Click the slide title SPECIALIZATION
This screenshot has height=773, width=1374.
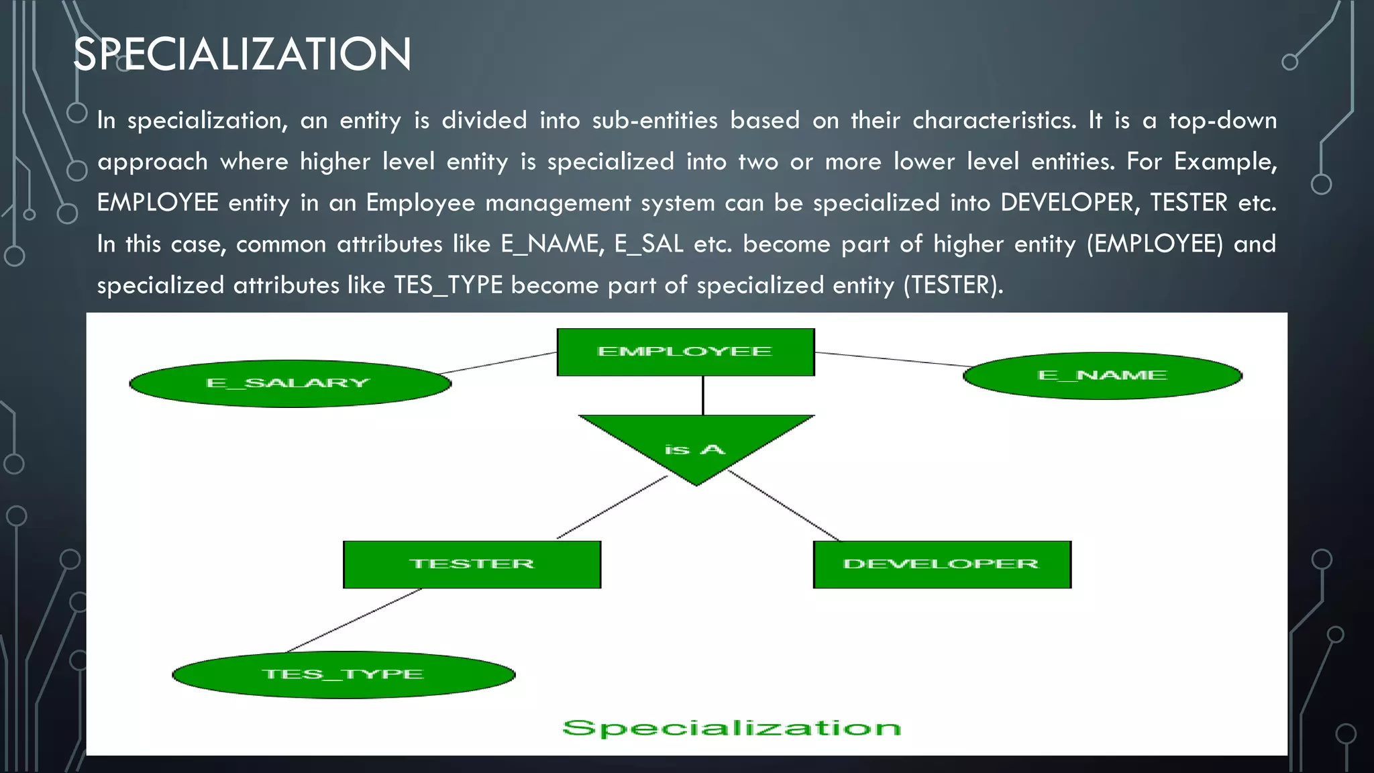[x=242, y=54]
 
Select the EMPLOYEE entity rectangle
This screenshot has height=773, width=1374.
[x=685, y=352]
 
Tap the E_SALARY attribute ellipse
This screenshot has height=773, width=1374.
[x=290, y=384]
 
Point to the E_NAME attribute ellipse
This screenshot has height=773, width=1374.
[x=1102, y=376]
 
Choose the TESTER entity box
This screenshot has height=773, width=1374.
[x=472, y=564]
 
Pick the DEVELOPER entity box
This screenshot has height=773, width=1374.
[x=941, y=564]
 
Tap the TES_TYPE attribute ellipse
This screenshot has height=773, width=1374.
[x=343, y=674]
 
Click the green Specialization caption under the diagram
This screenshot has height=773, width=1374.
[x=731, y=728]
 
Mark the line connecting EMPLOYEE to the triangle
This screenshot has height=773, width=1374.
[x=702, y=396]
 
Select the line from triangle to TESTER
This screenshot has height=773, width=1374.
[x=612, y=507]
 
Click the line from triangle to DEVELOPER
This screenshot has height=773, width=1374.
[x=783, y=507]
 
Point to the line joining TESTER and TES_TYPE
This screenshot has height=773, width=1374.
[x=354, y=620]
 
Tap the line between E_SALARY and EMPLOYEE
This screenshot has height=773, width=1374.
[x=498, y=363]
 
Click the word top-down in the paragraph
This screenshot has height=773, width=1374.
[x=1222, y=121]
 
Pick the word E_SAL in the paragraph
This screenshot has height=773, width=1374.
[x=649, y=244]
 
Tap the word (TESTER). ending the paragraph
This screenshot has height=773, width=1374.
[x=953, y=286]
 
